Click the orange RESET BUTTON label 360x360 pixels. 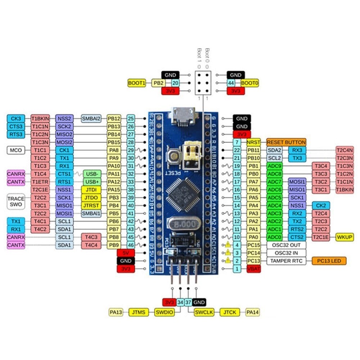click(286, 142)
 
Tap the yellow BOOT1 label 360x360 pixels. click(137, 83)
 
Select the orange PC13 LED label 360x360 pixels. click(329, 261)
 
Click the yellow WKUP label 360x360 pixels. click(345, 237)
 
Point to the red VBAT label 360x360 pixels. click(254, 269)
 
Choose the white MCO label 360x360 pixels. click(16, 150)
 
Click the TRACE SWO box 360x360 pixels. click(16, 202)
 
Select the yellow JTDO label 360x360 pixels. click(91, 198)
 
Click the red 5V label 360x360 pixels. click(126, 253)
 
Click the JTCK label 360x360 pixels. click(230, 312)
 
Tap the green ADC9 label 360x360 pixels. click(275, 166)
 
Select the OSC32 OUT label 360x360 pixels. click(286, 245)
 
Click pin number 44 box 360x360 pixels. click(231, 83)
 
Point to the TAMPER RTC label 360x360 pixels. click(286, 261)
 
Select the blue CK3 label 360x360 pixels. click(16, 118)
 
